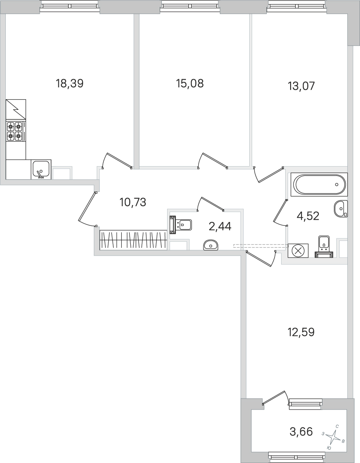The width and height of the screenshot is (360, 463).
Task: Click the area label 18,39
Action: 69,84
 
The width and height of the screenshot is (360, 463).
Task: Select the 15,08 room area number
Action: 190,84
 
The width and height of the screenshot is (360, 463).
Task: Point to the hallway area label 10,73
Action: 133,202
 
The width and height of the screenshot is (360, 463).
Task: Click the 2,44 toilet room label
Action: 220,226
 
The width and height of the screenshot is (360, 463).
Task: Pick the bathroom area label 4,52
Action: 308,216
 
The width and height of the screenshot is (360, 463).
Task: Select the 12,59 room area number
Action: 301,332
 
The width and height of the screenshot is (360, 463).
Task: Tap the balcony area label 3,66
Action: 301,431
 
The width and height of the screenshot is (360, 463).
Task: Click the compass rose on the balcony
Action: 334,438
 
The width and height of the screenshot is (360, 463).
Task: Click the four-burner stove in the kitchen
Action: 16,131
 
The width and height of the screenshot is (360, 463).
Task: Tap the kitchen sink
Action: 41,169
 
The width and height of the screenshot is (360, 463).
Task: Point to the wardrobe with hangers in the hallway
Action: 134,240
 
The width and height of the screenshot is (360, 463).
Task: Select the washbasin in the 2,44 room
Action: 210,245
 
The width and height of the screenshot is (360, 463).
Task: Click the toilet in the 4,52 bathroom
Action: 324,246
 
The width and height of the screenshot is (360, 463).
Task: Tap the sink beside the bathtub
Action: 340,209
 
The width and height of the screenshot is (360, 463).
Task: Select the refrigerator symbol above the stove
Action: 16,109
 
